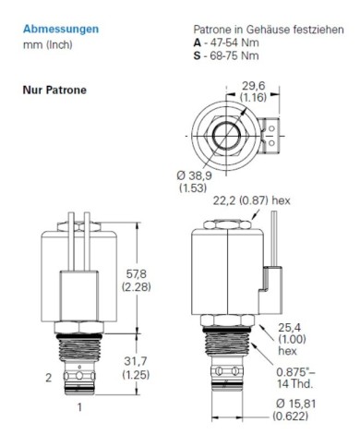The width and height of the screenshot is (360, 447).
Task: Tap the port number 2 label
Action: tap(47, 376)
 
